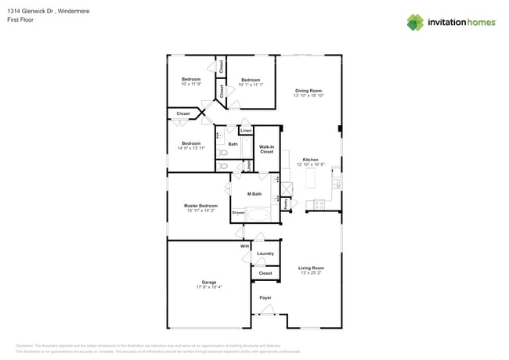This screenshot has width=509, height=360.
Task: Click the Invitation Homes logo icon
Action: tap(415, 22)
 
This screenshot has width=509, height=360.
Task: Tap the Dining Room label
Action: tap(309, 91)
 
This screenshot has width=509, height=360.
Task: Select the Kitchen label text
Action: tap(310, 160)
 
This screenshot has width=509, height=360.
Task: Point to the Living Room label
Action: tap(311, 268)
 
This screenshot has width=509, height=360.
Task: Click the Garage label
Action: tap(208, 282)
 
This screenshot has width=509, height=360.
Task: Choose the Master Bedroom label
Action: tap(201, 206)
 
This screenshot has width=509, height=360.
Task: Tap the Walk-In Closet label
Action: tap(266, 149)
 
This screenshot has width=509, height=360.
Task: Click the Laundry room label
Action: tap(265, 254)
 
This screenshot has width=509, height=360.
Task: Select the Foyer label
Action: tap(265, 298)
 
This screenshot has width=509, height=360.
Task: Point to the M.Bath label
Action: tap(254, 194)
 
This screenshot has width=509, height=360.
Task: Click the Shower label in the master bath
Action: tap(238, 212)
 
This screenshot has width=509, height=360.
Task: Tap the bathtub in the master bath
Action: tap(258, 214)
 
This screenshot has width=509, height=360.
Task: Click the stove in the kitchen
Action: tap(319, 204)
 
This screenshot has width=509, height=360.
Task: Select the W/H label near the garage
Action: tap(244, 247)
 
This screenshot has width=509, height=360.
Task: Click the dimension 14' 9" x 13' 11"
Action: tap(192, 148)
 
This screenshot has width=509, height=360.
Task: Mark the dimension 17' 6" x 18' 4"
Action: tap(208, 287)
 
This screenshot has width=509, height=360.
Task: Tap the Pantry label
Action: tap(287, 203)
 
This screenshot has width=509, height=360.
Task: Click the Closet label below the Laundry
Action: tap(265, 273)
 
